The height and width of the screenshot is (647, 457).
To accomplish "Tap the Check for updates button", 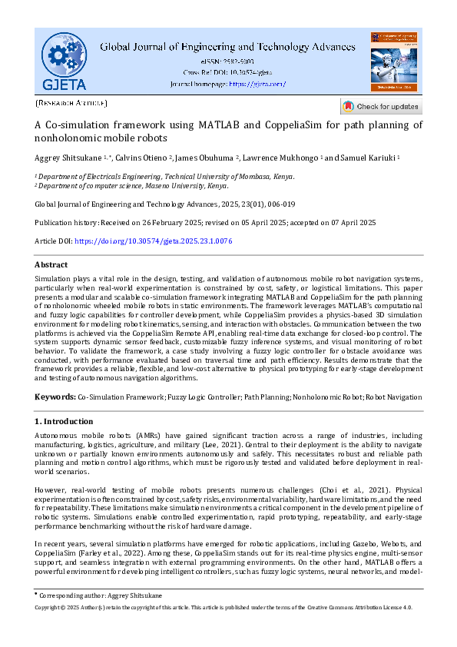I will (x=381, y=107).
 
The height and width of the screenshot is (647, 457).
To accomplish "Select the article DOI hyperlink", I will (x=154, y=241).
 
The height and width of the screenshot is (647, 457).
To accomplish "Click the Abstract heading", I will (x=51, y=264).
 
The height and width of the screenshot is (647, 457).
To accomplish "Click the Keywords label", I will (x=55, y=396).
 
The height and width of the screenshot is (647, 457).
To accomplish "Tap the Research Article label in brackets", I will (x=71, y=103).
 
